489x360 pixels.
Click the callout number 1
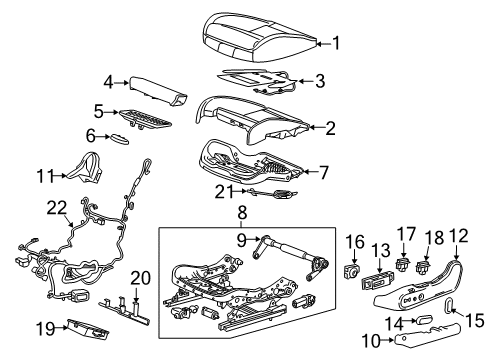tap(337, 42)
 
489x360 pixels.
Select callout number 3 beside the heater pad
tap(320, 81)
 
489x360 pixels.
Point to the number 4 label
tap(109, 84)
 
